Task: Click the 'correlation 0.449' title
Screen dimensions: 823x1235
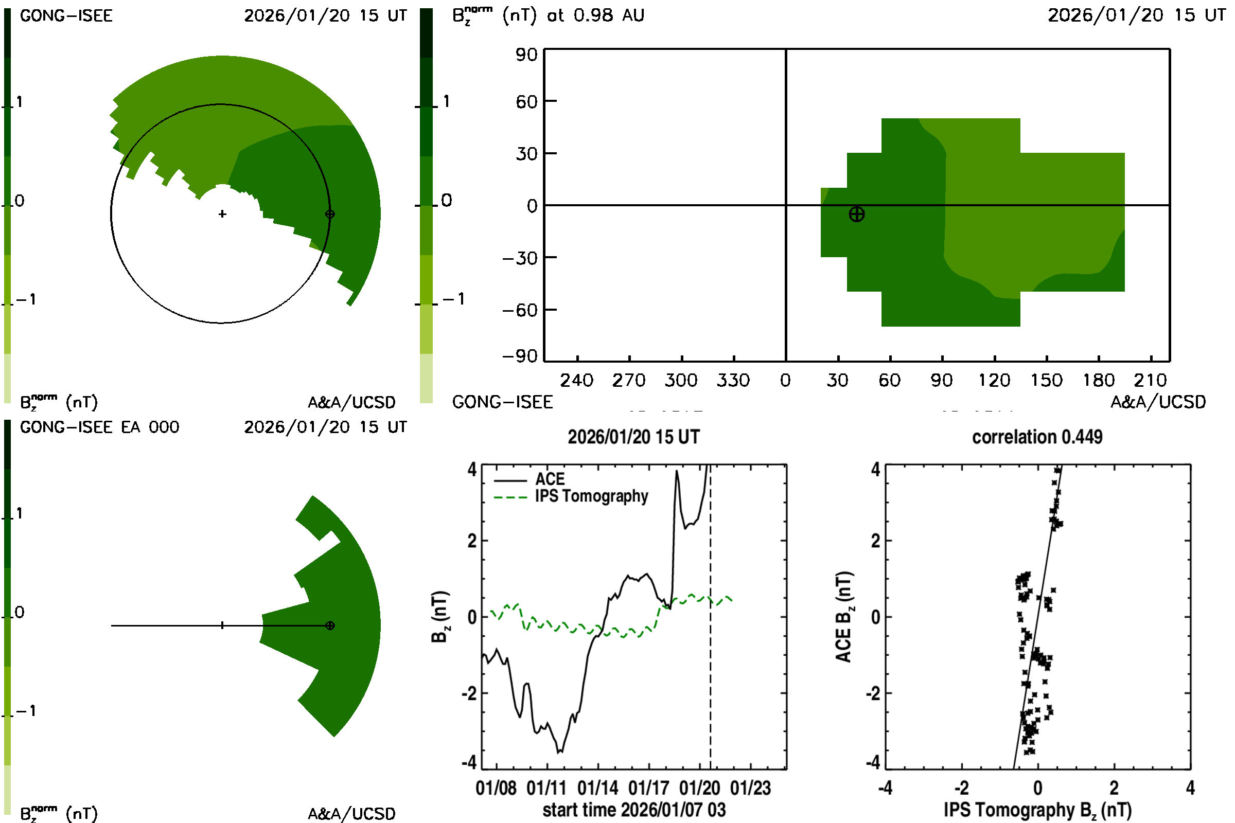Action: pos(1036,437)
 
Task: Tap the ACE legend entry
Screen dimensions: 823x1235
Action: pos(549,479)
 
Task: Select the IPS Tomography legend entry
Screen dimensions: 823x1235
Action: pos(591,496)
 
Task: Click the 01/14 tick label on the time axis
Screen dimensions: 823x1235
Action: pos(597,788)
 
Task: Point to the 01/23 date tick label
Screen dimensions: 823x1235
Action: pos(750,788)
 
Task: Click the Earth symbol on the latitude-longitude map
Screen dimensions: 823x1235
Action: pos(856,214)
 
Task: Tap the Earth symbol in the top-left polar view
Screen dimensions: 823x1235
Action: pos(330,214)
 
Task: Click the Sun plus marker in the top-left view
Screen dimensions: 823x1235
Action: pos(222,214)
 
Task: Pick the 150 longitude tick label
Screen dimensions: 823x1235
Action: pos(1046,380)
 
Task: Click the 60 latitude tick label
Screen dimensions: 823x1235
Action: pos(526,101)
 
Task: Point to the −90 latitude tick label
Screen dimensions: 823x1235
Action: pos(520,356)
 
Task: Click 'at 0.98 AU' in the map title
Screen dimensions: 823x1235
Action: pos(595,15)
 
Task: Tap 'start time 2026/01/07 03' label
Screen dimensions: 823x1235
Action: pos(634,810)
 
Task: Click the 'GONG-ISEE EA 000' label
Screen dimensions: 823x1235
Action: pos(99,427)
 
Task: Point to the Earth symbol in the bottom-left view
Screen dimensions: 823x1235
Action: pos(330,625)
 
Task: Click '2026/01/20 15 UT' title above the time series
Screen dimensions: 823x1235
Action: pos(633,437)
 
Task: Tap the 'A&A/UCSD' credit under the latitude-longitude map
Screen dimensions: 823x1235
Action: pos(1158,402)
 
